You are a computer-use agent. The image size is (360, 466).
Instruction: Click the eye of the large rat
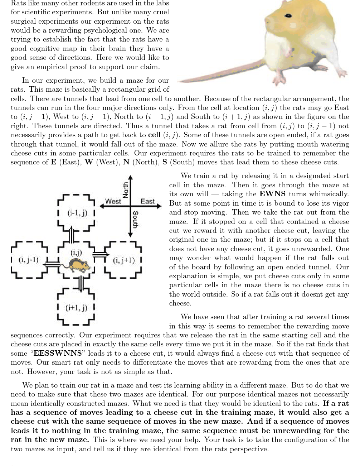tap(288, 16)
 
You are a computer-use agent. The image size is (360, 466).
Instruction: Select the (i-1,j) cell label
tap(77, 213)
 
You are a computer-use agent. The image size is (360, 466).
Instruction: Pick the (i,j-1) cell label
tap(29, 260)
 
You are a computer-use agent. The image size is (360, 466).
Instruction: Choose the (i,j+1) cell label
tap(124, 260)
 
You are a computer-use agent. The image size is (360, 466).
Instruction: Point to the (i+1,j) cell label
tap(76, 308)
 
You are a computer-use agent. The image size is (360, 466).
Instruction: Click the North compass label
tap(126, 190)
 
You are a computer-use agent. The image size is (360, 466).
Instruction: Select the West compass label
tap(113, 202)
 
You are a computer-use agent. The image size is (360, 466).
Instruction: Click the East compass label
tap(147, 202)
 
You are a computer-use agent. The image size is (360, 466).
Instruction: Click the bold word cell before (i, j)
tap(154, 135)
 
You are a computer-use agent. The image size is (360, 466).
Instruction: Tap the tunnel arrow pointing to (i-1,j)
tap(72, 235)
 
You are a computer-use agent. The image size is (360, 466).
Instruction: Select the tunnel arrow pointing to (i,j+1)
tap(101, 254)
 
